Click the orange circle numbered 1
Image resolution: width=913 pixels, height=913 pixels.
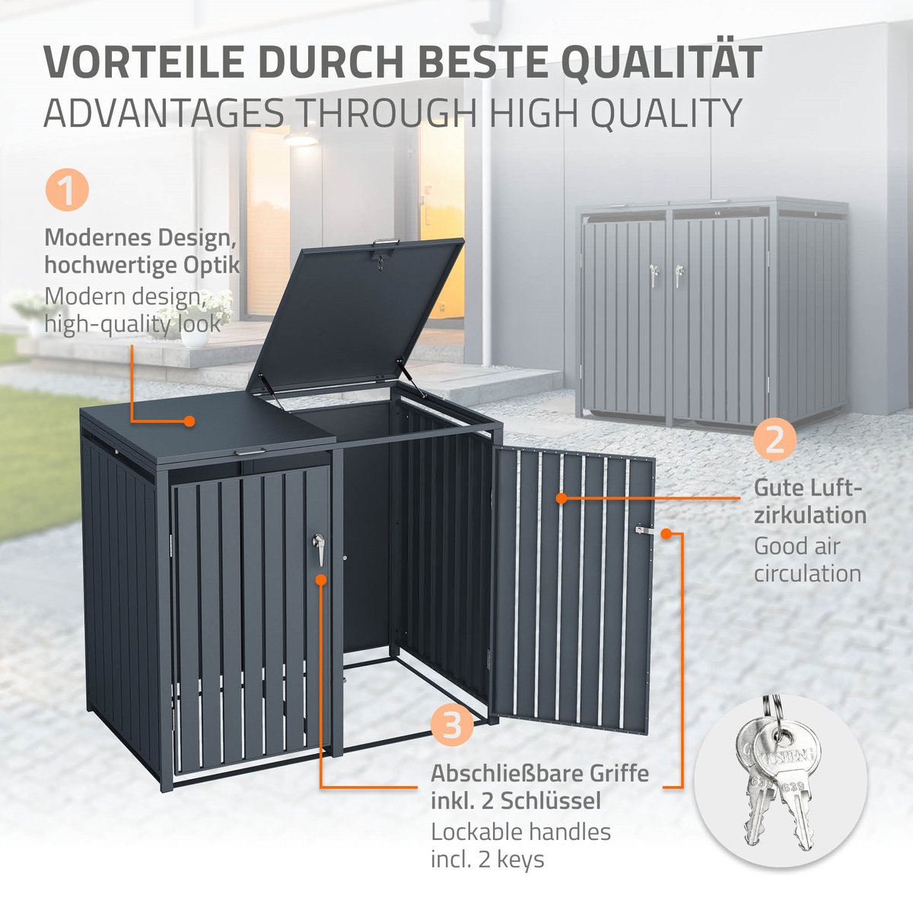(67, 190)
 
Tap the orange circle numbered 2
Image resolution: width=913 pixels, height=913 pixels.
(775, 441)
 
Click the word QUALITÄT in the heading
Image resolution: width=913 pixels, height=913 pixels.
(665, 62)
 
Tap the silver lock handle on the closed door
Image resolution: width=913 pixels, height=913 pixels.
(318, 548)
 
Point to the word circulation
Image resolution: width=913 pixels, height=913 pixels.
(807, 574)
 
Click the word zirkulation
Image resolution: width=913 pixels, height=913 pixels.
(810, 515)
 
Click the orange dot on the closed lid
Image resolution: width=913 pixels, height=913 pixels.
(189, 421)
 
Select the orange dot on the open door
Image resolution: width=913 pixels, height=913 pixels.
(561, 498)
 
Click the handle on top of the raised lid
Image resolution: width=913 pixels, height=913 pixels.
(387, 243)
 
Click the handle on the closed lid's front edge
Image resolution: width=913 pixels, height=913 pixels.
(250, 453)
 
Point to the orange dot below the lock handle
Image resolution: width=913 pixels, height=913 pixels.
(321, 580)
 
